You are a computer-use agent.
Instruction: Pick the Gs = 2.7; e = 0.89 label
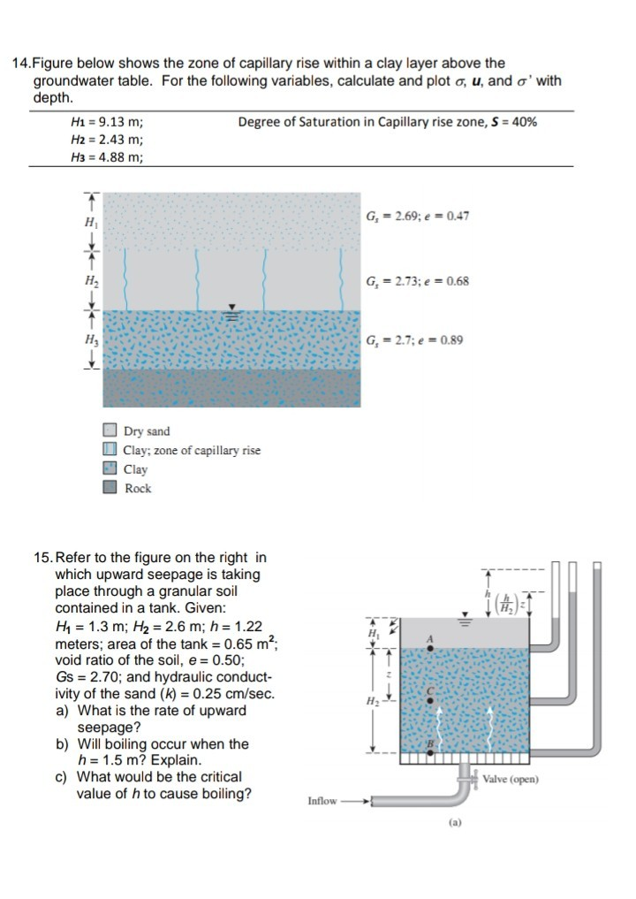tap(413, 340)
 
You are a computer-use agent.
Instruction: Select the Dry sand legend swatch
tap(110, 431)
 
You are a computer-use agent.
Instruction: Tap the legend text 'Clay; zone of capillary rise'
tap(192, 451)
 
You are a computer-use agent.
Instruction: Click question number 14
tap(20, 63)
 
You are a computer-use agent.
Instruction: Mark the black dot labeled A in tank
tap(430, 649)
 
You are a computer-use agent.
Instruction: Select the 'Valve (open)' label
tap(511, 779)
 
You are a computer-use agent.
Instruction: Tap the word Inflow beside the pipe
tap(322, 801)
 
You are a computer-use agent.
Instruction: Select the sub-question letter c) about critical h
tap(61, 777)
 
